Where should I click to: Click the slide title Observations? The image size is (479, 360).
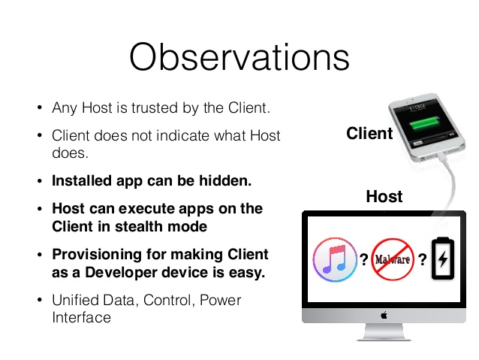(x=239, y=57)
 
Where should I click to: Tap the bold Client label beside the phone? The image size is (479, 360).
(x=369, y=133)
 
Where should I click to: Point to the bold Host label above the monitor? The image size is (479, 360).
(x=384, y=196)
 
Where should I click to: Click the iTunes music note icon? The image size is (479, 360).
(x=335, y=259)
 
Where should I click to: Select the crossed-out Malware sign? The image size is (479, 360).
(x=393, y=259)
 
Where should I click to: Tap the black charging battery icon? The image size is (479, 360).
(x=443, y=259)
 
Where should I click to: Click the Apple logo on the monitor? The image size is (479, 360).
(x=384, y=315)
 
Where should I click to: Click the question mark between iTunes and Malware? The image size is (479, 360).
(x=364, y=260)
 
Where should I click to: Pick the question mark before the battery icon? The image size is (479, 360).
(x=423, y=260)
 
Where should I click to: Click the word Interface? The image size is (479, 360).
(x=82, y=317)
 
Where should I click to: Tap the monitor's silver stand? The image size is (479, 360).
(x=384, y=331)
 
